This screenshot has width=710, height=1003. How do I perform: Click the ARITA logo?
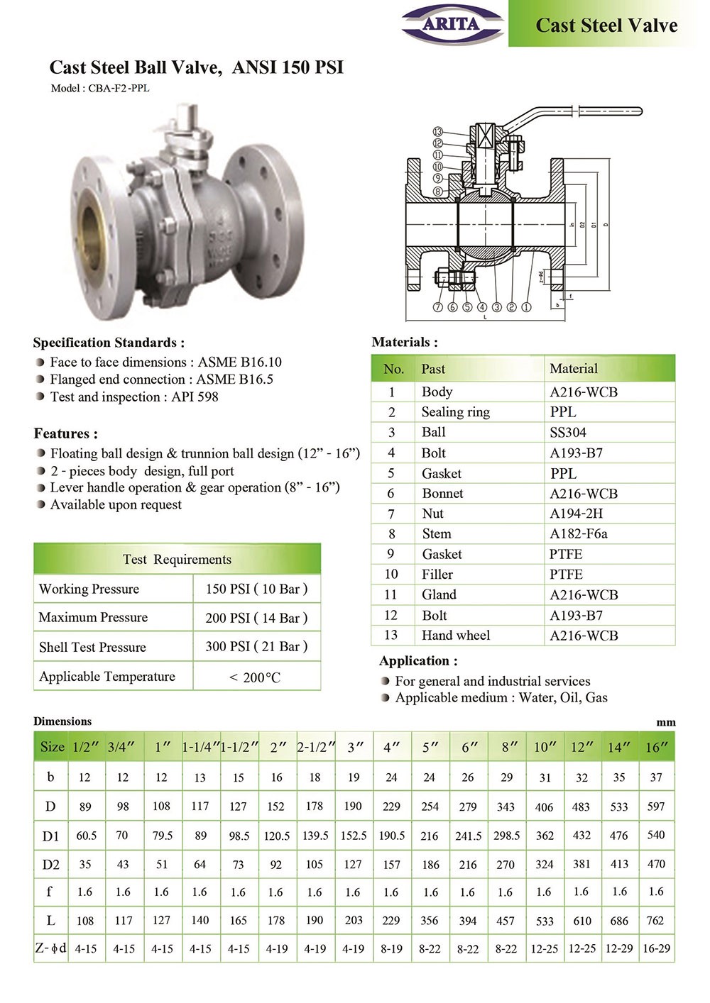(x=452, y=24)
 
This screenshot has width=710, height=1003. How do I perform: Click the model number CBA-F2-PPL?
(x=119, y=89)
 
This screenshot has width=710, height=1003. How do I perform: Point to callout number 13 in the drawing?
(x=438, y=132)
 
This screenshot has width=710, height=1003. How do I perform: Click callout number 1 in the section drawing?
(x=526, y=307)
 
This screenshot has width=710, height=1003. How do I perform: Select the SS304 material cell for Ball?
(x=568, y=432)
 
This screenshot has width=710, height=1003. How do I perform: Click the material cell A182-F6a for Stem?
(x=578, y=533)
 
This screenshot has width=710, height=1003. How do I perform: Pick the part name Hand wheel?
(x=455, y=635)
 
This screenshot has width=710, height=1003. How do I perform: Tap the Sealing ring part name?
(x=455, y=412)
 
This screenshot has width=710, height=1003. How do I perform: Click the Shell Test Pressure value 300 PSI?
(x=256, y=646)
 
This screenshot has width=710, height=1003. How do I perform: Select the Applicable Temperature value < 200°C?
(x=255, y=677)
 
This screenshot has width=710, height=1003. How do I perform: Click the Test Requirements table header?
(x=177, y=559)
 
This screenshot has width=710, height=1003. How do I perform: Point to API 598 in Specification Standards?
(x=195, y=397)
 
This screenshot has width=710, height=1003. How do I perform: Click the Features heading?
(x=65, y=433)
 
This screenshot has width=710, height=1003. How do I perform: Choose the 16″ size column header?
(x=656, y=747)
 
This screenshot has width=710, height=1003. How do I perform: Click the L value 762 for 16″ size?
(x=655, y=921)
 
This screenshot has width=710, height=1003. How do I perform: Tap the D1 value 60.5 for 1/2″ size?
(x=86, y=836)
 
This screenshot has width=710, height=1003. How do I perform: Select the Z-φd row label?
(x=50, y=948)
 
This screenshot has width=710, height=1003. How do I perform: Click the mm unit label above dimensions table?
(x=665, y=722)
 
